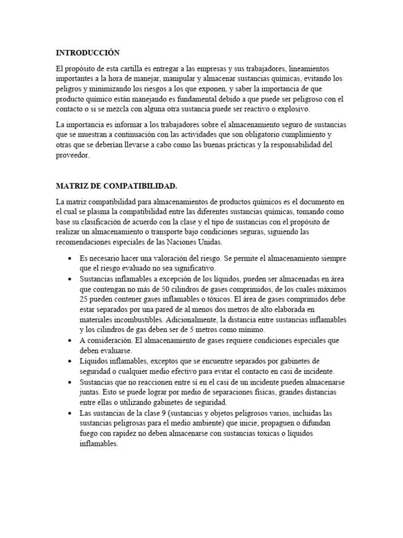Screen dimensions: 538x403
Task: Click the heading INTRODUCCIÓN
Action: pyautogui.click(x=88, y=53)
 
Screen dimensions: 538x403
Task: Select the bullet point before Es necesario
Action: pyautogui.click(x=70, y=260)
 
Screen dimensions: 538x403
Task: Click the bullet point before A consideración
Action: pyautogui.click(x=70, y=340)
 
